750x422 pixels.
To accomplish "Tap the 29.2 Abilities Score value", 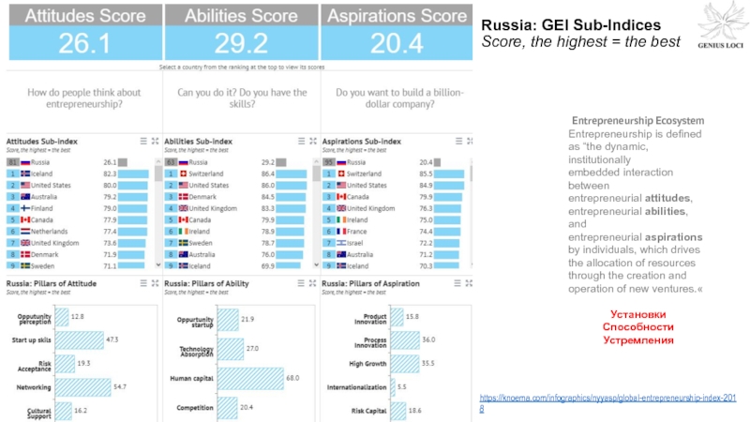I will coord(240,43).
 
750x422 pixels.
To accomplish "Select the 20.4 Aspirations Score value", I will coord(397,43).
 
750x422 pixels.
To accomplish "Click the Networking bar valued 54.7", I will coord(82,386).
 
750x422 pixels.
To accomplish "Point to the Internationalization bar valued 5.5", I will coord(394,386).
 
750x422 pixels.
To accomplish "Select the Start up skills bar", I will coord(79,339).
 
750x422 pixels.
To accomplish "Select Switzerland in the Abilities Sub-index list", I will coord(205,173).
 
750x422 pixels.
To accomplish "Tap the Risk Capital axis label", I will coord(368,411).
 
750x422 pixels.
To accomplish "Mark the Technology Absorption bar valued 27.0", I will coord(230,349).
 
